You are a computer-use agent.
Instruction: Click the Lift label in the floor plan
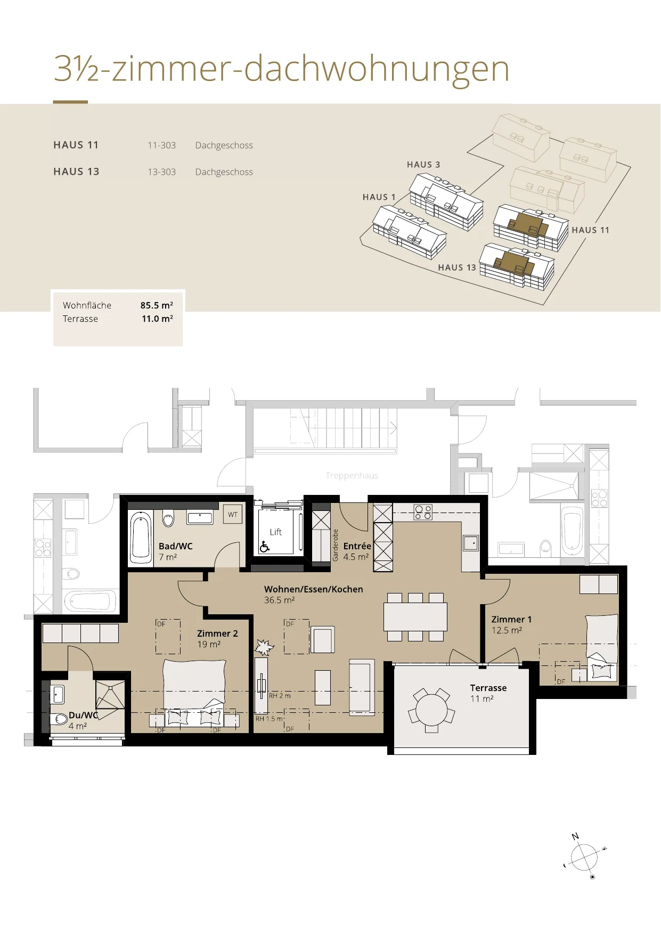276,532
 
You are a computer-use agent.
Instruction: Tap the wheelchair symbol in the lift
265,547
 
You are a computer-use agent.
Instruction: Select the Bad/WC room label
176,546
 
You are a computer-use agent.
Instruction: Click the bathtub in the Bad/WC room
141,537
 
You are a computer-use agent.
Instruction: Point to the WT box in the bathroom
233,515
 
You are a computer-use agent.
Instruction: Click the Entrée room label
357,546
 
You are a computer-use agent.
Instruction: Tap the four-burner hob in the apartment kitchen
423,512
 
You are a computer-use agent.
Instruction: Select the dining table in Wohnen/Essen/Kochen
415,617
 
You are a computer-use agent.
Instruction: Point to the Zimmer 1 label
511,620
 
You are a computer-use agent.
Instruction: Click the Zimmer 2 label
217,633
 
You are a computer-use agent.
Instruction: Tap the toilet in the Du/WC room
59,719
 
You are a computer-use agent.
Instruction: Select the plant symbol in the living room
263,647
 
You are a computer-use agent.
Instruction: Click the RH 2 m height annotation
280,696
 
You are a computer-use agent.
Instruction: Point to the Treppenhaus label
352,475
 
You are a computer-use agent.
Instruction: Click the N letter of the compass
575,836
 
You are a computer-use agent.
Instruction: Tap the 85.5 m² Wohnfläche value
157,305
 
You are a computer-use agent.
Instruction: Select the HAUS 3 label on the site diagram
423,165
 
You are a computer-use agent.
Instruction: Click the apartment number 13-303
161,172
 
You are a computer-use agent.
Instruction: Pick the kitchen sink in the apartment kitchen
471,543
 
